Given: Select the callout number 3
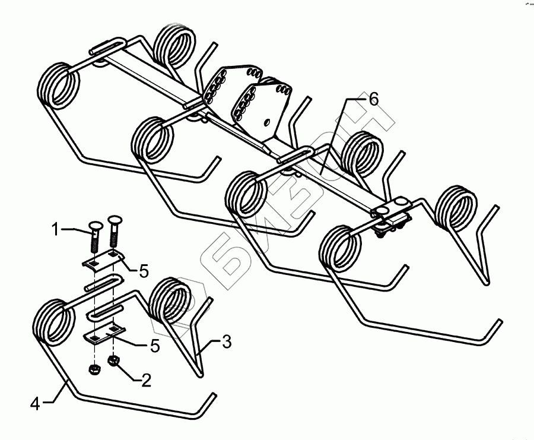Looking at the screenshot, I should (x=226, y=342).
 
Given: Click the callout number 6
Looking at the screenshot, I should (x=373, y=99).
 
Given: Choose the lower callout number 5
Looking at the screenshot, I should (x=154, y=346).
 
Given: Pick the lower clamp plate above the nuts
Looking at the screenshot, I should (x=107, y=335).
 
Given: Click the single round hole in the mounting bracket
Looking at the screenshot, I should (x=267, y=122).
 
